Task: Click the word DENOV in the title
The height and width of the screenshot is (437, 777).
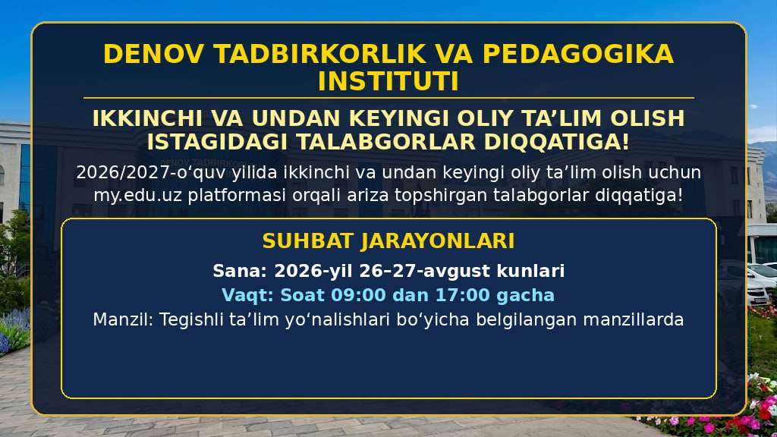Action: pyautogui.click(x=153, y=54)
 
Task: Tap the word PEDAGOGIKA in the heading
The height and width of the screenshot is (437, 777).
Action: pyautogui.click(x=577, y=54)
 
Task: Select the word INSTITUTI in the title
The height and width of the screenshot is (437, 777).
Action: pyautogui.click(x=388, y=82)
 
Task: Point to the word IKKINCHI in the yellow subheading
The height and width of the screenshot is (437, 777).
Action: pyautogui.click(x=147, y=118)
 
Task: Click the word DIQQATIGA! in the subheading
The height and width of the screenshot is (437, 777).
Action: pyautogui.click(x=556, y=142)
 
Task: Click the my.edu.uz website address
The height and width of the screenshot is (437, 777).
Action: pyautogui.click(x=138, y=195)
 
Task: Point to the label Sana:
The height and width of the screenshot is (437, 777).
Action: pyautogui.click(x=240, y=271)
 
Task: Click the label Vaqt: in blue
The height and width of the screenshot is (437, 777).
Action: pyautogui.click(x=248, y=295)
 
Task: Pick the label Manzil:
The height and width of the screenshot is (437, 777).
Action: pyautogui.click(x=124, y=319)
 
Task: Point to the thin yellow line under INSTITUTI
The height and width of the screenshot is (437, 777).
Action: pyautogui.click(x=388, y=98)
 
